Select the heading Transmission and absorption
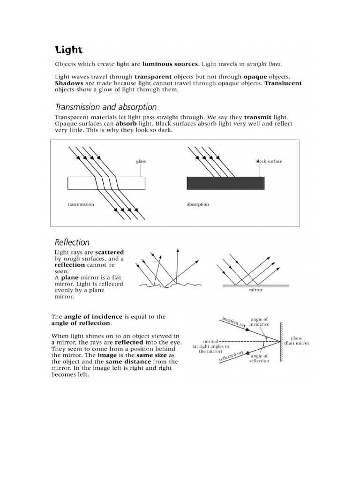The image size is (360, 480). tap(106, 107)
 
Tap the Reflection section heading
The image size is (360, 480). tap(72, 242)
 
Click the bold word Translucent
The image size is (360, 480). tap(283, 83)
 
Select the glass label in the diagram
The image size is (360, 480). tap(141, 161)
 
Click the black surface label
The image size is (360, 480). tap(269, 161)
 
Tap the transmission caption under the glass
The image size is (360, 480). tap(81, 204)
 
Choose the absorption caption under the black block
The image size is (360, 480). tap(198, 204)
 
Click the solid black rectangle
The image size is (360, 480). tap(225, 183)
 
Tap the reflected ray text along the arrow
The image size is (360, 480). tap(231, 357)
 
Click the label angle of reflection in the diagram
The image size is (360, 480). tap(260, 358)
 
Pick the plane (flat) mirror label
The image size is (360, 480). tap(297, 340)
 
